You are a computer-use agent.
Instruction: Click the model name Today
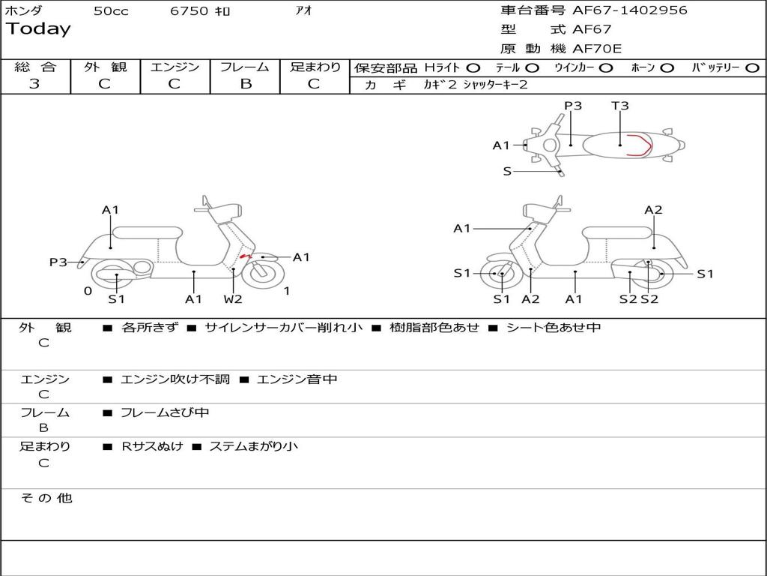[x=38, y=29]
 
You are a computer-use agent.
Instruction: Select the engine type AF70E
[x=597, y=49]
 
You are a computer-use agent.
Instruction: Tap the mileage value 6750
[x=190, y=11]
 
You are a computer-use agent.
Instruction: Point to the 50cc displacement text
[x=111, y=11]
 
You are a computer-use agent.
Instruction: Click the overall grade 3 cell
[x=34, y=84]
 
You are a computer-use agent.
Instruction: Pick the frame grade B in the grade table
[x=245, y=84]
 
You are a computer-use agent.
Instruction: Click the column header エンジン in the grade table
[x=175, y=67]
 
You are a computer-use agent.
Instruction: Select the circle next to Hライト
[x=473, y=67]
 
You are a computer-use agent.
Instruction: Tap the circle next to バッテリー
[x=753, y=67]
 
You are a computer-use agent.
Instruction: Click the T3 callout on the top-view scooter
[x=619, y=106]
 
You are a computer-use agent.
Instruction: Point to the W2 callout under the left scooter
[x=233, y=299]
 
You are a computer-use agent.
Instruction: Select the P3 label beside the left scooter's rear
[x=58, y=262]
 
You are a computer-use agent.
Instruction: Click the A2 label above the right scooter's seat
[x=653, y=210]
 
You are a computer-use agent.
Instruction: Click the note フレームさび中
[x=165, y=412]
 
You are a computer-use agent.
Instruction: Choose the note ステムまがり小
[x=253, y=446]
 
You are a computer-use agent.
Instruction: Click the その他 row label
[x=46, y=498]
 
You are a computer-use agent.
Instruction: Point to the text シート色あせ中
[x=554, y=328]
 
